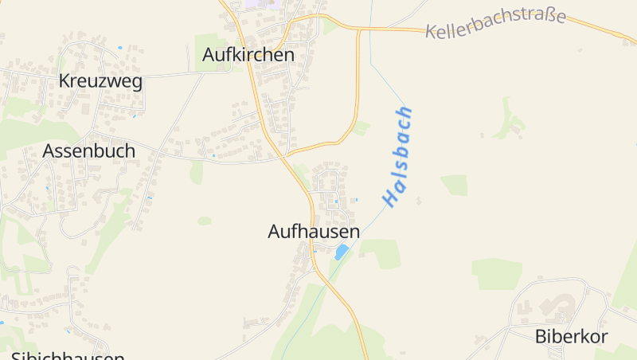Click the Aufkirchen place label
click(248, 55)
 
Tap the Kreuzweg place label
click(100, 81)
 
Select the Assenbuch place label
click(88, 151)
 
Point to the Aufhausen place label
click(314, 232)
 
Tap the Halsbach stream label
click(398, 157)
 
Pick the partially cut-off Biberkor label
click(571, 336)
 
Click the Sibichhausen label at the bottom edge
click(68, 355)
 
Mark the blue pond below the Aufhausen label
click(341, 252)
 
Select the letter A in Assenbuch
click(49, 151)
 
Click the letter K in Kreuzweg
click(64, 81)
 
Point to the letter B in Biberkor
click(541, 336)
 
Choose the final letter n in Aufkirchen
click(289, 55)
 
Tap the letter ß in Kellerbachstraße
click(545, 17)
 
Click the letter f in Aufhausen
click(296, 231)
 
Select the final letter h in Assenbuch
click(129, 150)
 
